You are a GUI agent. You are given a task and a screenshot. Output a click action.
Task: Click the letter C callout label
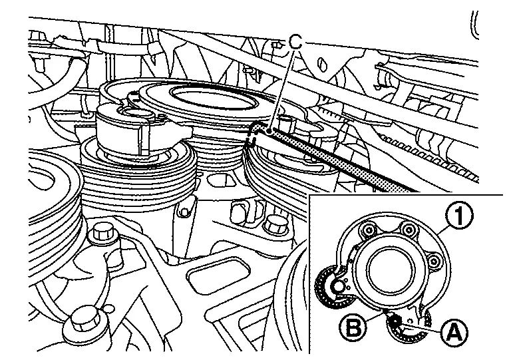point(295,42)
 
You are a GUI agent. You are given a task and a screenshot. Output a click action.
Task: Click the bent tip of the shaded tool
point(256,132)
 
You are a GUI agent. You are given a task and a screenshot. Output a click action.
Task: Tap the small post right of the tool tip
point(287,122)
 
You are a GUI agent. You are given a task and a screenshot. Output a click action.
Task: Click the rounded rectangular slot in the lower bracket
point(216,279)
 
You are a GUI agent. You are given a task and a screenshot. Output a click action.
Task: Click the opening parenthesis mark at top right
point(474,23)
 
